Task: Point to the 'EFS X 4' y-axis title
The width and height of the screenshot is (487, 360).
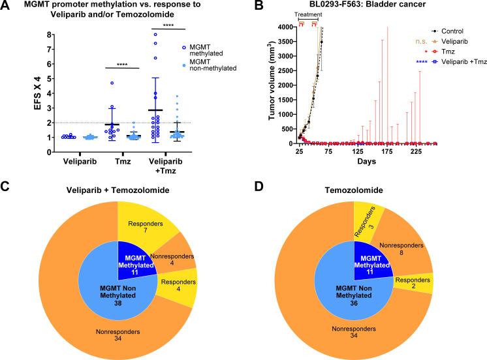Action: [14, 92]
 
